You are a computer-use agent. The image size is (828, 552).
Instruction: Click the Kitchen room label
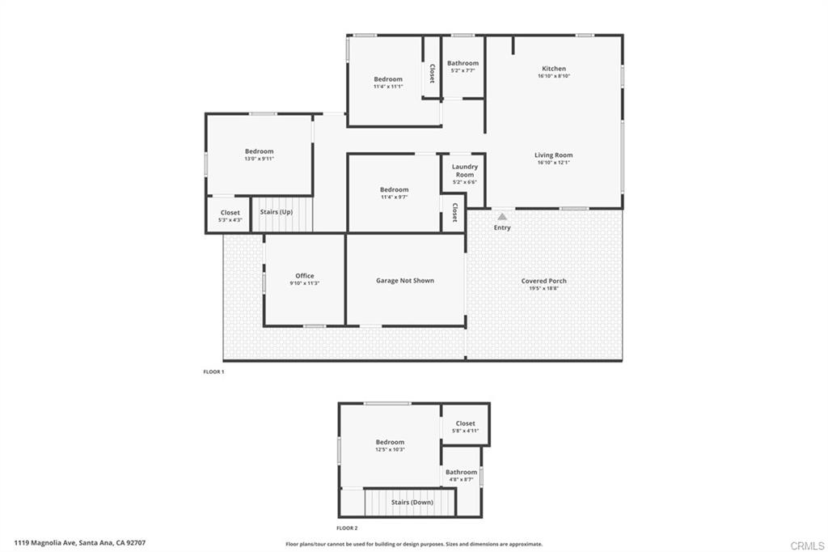click(x=554, y=69)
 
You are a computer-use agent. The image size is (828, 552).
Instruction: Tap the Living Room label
click(x=554, y=155)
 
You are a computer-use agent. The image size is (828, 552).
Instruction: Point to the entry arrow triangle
click(x=502, y=217)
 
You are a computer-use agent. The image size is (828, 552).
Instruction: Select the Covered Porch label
click(x=544, y=281)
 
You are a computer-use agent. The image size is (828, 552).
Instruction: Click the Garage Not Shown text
click(x=405, y=281)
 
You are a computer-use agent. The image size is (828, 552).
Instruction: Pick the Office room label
click(x=305, y=276)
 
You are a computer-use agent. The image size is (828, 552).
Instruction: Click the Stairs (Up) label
click(x=277, y=212)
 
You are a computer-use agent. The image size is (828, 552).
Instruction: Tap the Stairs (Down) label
click(x=412, y=502)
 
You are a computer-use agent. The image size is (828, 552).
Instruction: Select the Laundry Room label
click(x=465, y=171)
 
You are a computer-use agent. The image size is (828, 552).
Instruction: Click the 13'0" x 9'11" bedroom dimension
click(x=260, y=159)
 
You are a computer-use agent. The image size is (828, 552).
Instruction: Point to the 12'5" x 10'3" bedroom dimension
click(x=390, y=449)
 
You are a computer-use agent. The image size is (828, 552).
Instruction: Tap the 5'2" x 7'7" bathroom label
click(x=463, y=63)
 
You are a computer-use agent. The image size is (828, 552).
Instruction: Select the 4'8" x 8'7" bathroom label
click(x=462, y=472)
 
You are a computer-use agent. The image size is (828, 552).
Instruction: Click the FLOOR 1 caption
click(x=213, y=372)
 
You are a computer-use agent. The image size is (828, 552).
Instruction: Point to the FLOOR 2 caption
click(x=347, y=528)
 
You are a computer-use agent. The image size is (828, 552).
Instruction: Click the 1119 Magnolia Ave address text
click(x=79, y=543)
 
